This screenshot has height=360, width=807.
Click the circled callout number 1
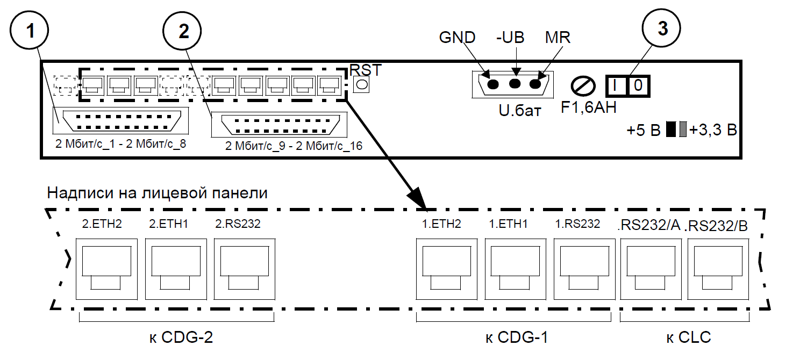pyautogui.click(x=33, y=31)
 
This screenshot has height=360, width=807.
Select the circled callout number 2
pyautogui.click(x=184, y=31)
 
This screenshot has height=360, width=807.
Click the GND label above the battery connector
pyautogui.click(x=457, y=38)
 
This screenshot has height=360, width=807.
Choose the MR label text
pyautogui.click(x=557, y=38)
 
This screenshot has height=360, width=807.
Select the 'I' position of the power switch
pyautogui.click(x=616, y=85)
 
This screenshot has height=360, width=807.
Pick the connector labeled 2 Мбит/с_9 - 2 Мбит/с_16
pyautogui.click(x=280, y=125)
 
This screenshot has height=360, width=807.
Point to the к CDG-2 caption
pyautogui.click(x=177, y=337)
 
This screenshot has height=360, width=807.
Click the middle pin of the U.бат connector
pyautogui.click(x=515, y=84)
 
